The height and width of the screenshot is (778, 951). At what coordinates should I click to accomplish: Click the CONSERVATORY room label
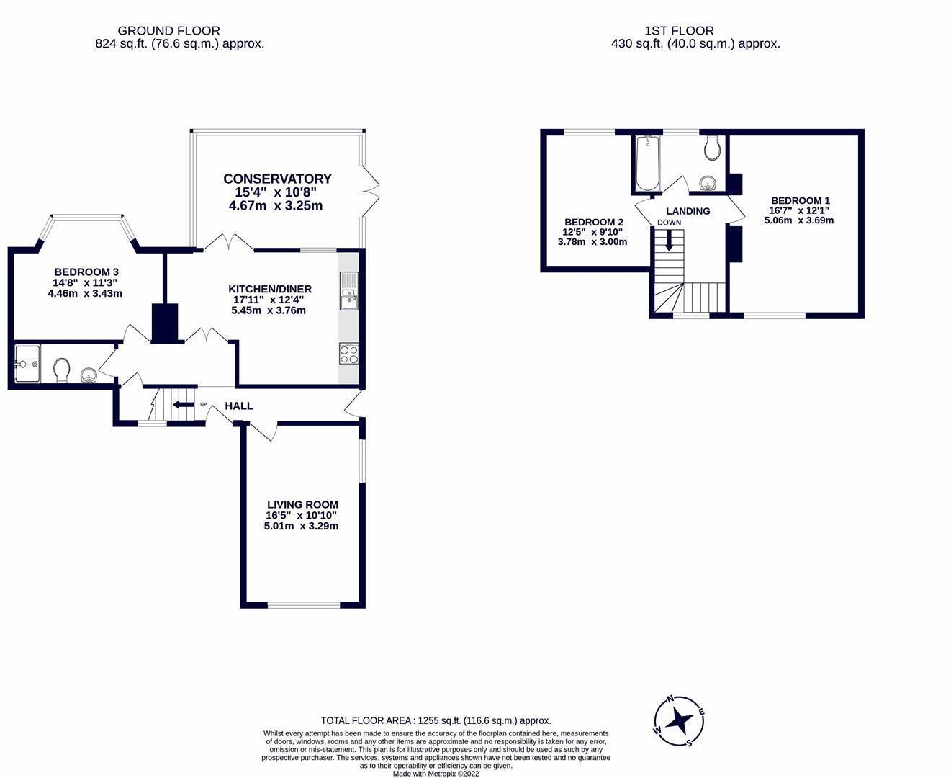tap(277, 179)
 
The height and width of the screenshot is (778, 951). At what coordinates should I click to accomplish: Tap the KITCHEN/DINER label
tap(270, 289)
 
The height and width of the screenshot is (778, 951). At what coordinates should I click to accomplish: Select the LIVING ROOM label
tap(302, 504)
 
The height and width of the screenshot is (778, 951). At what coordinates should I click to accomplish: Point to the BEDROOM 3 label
tap(86, 272)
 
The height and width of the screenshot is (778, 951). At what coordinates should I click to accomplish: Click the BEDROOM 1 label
tap(801, 200)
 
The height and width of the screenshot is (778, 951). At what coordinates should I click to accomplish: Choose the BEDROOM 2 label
tap(594, 222)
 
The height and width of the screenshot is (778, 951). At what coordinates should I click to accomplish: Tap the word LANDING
tap(688, 211)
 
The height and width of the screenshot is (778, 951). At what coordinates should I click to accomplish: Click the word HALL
tap(239, 406)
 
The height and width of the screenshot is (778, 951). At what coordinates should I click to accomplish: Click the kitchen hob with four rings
tap(348, 354)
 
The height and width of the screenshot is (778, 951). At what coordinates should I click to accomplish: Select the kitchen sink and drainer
tap(348, 291)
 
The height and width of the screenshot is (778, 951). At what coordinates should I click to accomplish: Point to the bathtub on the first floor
tap(647, 163)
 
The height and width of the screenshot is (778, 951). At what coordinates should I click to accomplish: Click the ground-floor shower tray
tap(27, 364)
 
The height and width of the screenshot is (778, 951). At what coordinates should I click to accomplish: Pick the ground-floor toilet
tap(61, 370)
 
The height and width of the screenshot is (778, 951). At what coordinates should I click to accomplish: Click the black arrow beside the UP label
tap(183, 404)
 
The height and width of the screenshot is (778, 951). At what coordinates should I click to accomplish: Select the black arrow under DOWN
tap(669, 240)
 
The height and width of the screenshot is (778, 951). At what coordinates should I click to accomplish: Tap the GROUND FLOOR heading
tap(168, 31)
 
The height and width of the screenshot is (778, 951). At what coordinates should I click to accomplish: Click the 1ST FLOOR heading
tap(679, 31)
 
